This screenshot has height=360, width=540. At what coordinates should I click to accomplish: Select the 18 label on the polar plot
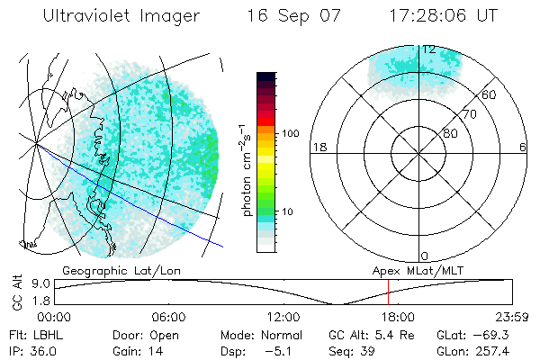(x=319, y=147)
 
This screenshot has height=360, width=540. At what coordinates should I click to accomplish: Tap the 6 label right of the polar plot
(x=522, y=147)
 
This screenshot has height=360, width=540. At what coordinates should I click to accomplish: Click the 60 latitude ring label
(x=490, y=94)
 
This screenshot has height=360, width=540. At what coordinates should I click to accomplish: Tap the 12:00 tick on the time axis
(x=283, y=317)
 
